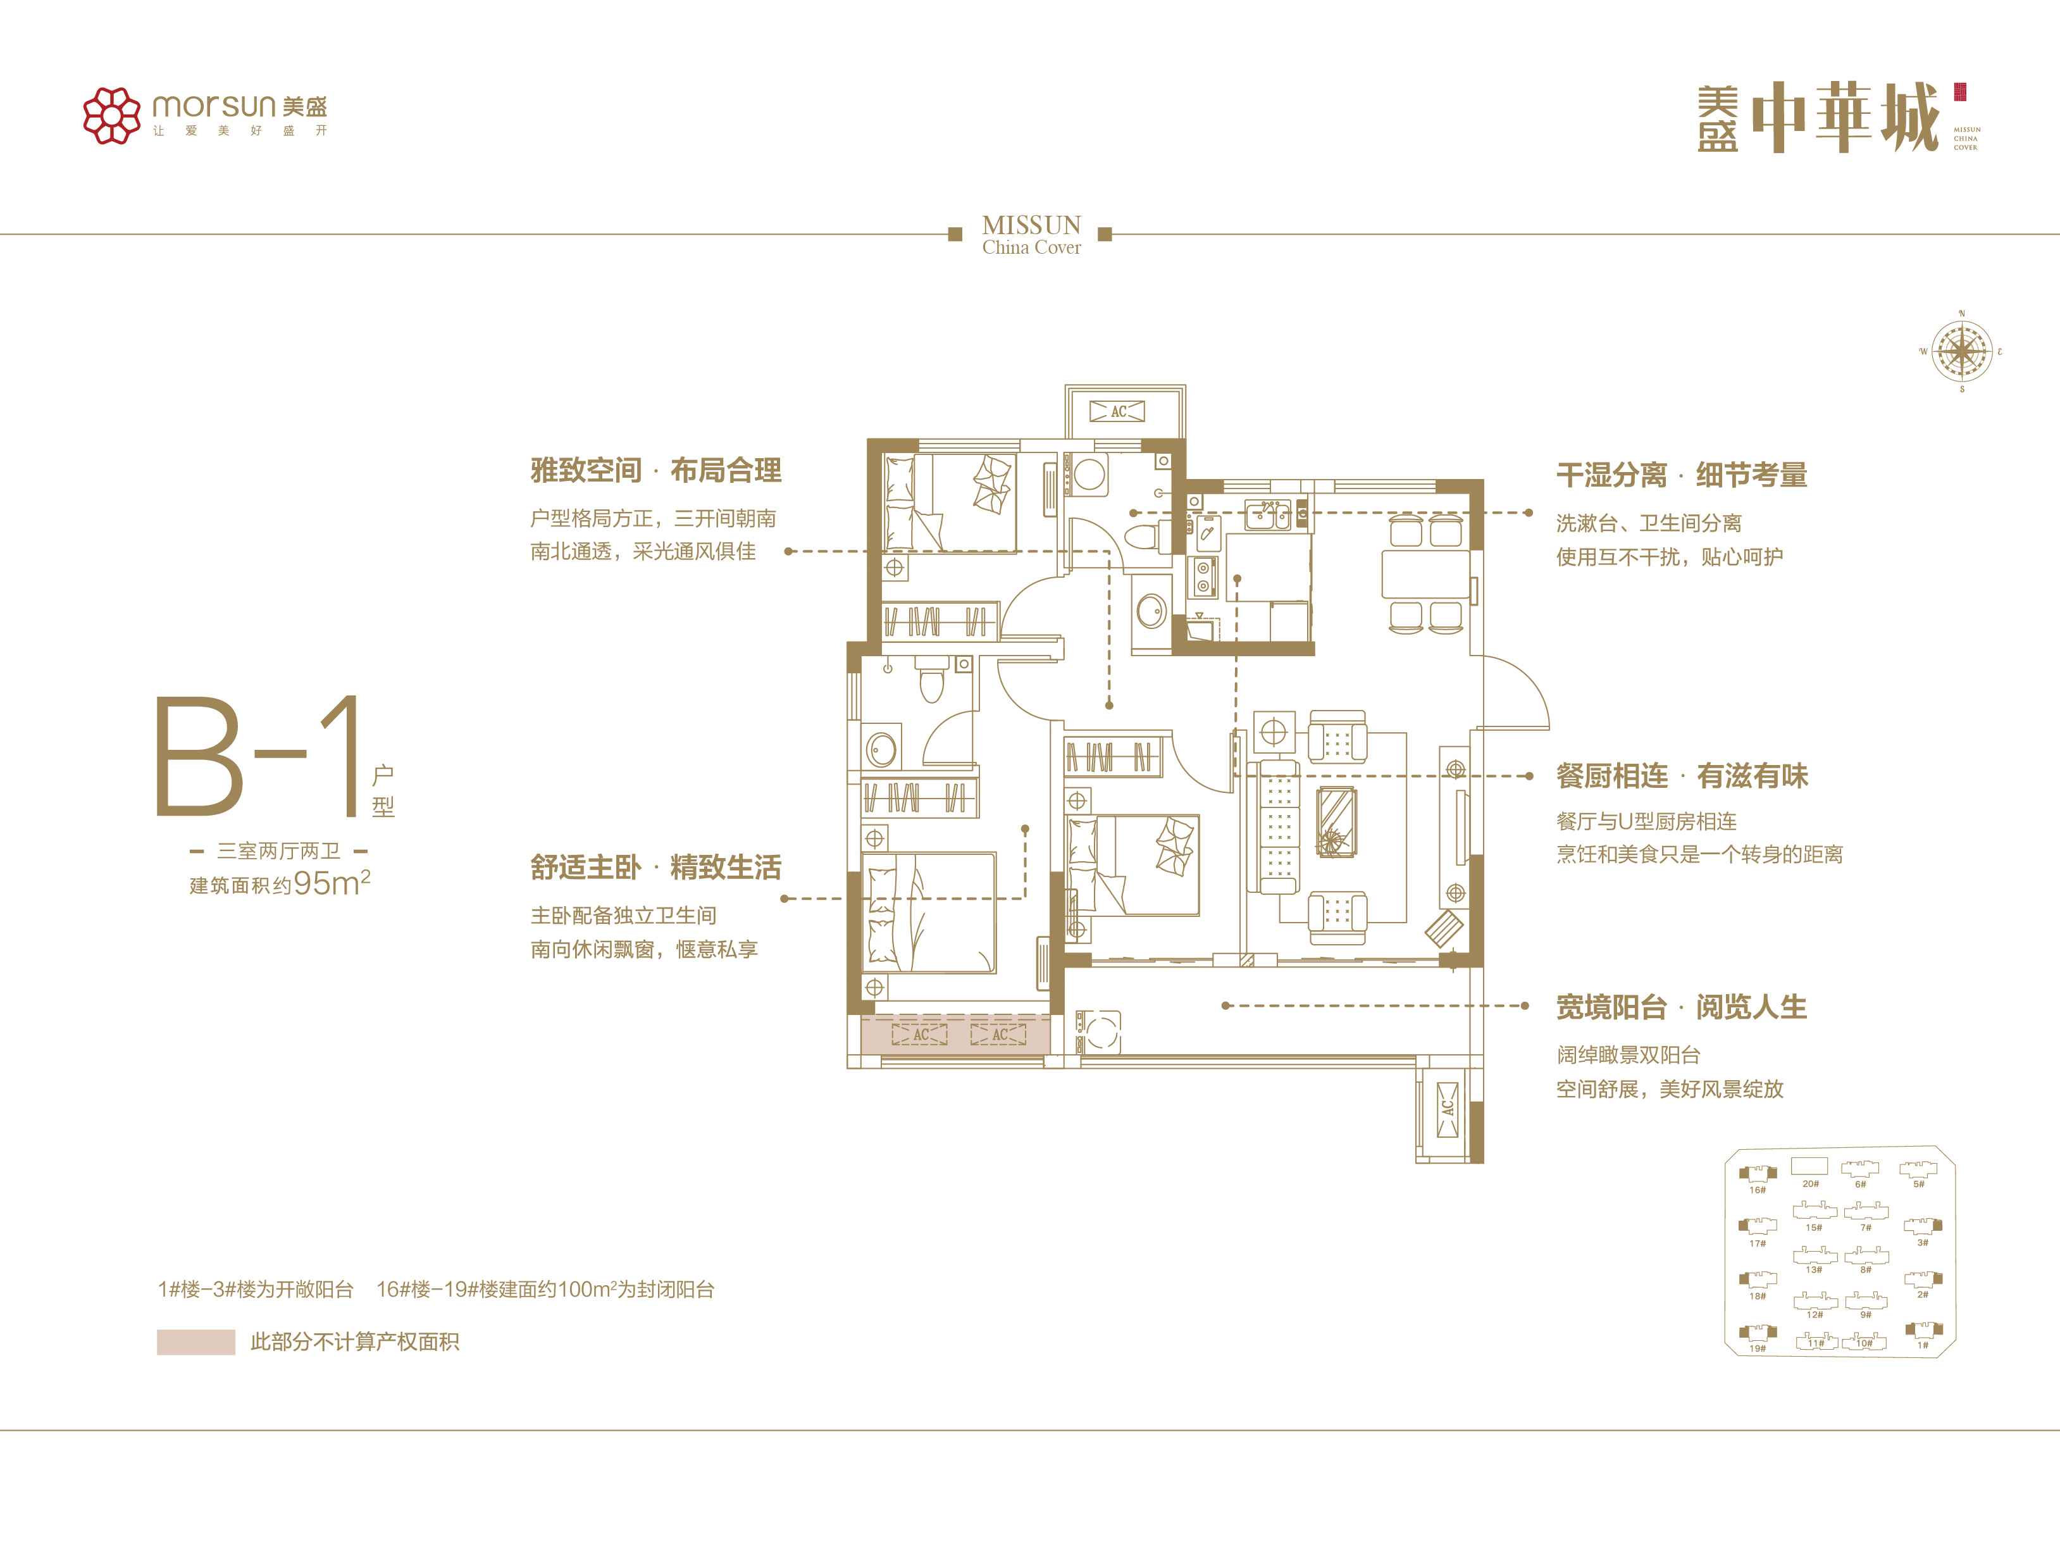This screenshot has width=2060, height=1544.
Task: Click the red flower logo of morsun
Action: (112, 115)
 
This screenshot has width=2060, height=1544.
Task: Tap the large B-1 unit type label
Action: (259, 756)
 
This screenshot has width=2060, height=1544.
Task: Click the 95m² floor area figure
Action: (332, 882)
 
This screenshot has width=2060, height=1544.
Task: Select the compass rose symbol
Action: (1961, 352)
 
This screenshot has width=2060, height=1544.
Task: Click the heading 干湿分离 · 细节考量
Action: (1682, 475)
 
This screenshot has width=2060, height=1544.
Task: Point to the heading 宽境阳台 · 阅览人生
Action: (1682, 1007)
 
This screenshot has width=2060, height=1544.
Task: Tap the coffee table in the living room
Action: (1336, 821)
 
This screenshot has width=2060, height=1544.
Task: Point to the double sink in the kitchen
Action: (1269, 514)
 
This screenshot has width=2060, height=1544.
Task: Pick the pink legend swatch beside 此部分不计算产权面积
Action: (195, 1342)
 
